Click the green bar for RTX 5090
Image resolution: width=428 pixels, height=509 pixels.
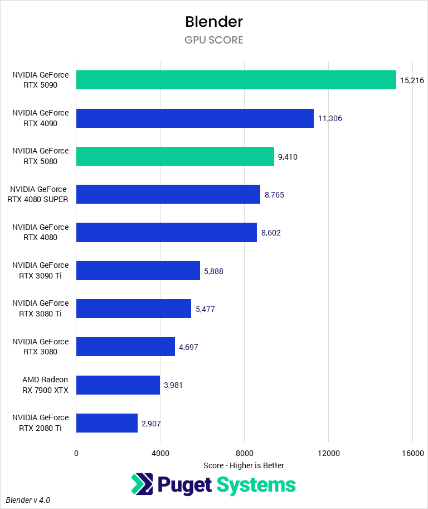pyautogui.click(x=236, y=80)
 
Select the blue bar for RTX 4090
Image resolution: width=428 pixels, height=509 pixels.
pyautogui.click(x=194, y=118)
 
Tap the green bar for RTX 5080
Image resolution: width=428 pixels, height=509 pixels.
pyautogui.click(x=175, y=156)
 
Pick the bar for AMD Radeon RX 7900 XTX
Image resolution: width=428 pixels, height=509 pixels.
pyautogui.click(x=118, y=385)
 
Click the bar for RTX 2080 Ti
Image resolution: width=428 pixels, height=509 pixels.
pyautogui.click(x=106, y=423)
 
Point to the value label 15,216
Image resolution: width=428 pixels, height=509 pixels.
pyautogui.click(x=412, y=80)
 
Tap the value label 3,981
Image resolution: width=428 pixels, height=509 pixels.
pyautogui.click(x=173, y=385)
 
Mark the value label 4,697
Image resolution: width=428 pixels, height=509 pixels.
pyautogui.click(x=188, y=347)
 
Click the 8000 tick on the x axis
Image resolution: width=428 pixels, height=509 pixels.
pyautogui.click(x=244, y=453)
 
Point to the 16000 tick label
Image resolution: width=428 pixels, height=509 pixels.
pyautogui.click(x=412, y=453)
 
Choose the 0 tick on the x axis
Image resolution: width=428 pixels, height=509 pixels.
pyautogui.click(x=76, y=453)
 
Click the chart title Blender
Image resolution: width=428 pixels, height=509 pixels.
pyautogui.click(x=214, y=22)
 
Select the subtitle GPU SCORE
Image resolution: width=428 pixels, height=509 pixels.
pyautogui.click(x=214, y=40)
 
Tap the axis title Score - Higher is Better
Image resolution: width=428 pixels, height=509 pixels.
pyautogui.click(x=244, y=465)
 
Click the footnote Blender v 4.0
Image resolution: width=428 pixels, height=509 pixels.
pyautogui.click(x=28, y=500)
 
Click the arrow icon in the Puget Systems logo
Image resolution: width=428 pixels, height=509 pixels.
pyautogui.click(x=143, y=484)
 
